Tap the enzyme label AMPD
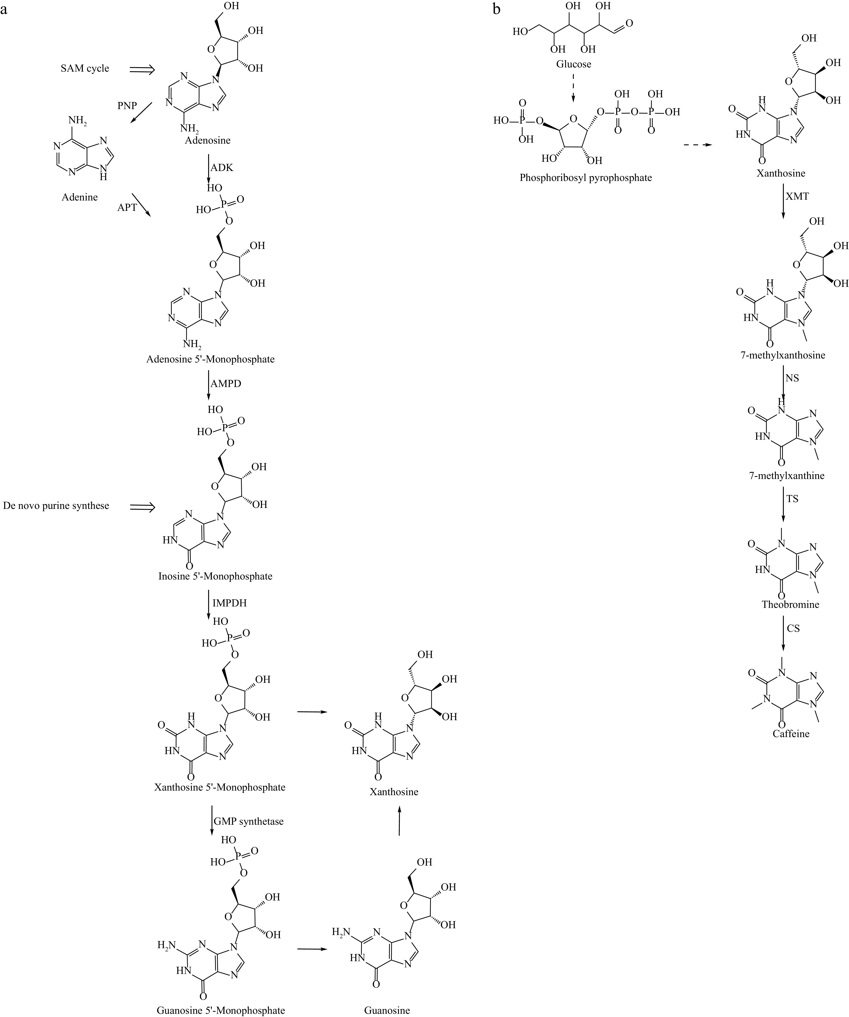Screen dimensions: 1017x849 (x=226, y=384)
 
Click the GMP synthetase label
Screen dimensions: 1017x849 (x=249, y=821)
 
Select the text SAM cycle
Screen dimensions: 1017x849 (x=85, y=68)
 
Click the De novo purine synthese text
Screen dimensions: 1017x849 (x=56, y=506)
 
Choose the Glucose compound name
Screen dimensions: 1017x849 (x=574, y=63)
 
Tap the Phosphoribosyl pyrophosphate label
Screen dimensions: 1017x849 (x=585, y=178)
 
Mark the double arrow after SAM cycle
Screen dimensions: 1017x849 (x=142, y=70)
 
